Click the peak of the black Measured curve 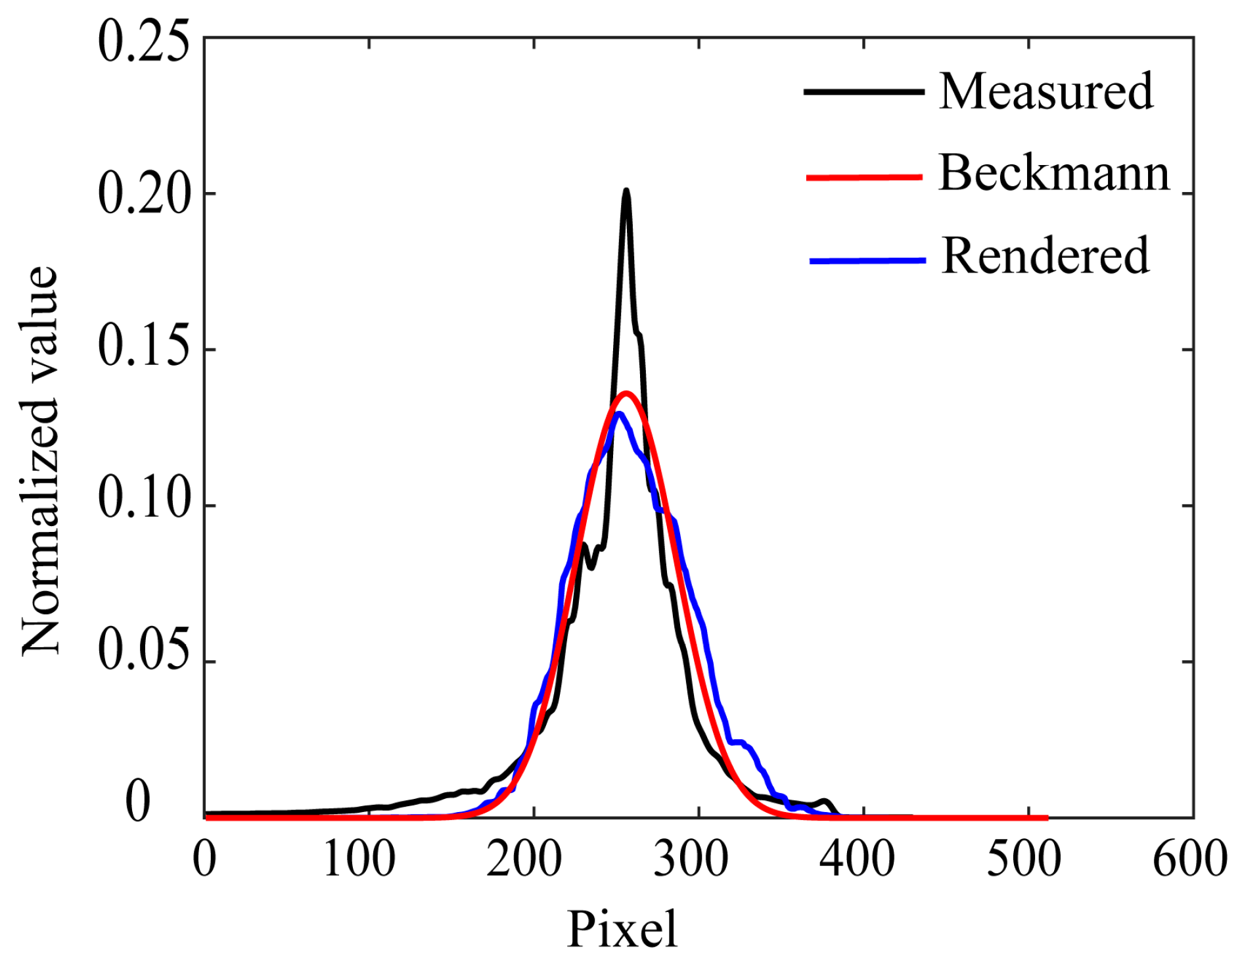pos(626,191)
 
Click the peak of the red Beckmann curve pos(626,394)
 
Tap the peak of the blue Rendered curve pos(618,414)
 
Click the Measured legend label pos(1045,91)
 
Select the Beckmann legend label pos(1054,173)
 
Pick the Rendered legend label pos(1045,256)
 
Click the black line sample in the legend pos(863,91)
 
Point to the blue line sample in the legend pos(867,261)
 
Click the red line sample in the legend pos(864,177)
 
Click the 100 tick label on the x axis pos(359,859)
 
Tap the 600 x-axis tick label pos(1190,859)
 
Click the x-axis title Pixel pos(622,929)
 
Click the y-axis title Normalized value pos(41,460)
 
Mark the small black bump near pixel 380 pos(825,802)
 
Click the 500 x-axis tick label pos(1024,859)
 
